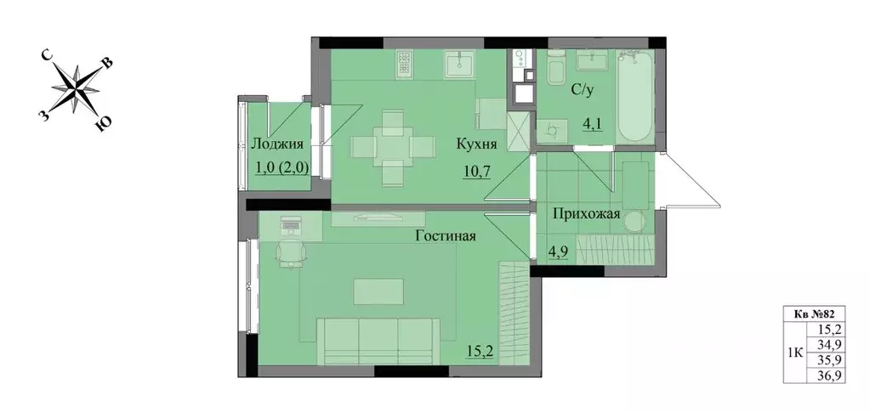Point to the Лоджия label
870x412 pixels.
278,144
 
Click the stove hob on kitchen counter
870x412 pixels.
403,64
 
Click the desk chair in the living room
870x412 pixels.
291,252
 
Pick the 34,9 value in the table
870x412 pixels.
824,344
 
